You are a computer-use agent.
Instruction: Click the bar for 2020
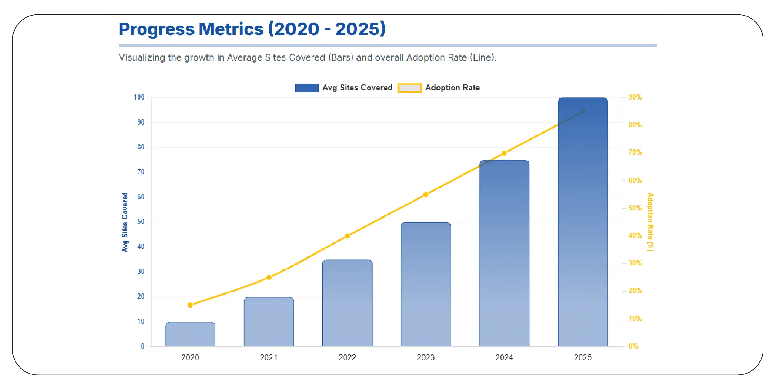click(x=190, y=334)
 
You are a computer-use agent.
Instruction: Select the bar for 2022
click(x=347, y=303)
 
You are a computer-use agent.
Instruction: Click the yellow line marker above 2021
click(x=269, y=277)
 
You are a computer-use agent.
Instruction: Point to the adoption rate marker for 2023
click(x=426, y=195)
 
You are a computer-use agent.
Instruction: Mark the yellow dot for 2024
click(x=504, y=153)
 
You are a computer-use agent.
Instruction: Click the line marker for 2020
click(x=190, y=305)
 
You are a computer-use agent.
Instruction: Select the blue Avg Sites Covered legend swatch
click(x=307, y=88)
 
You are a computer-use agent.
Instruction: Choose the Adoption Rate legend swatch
click(x=409, y=88)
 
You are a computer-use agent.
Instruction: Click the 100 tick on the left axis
click(x=139, y=97)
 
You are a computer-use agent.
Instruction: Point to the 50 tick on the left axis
click(x=141, y=222)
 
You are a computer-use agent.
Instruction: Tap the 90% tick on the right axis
click(x=635, y=97)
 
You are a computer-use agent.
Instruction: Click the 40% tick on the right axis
click(x=635, y=236)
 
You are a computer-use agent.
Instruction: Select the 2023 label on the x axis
click(x=426, y=357)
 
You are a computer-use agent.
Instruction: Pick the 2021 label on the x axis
click(x=268, y=357)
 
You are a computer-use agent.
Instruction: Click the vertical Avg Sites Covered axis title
click(x=125, y=222)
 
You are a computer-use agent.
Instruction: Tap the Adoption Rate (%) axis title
click(x=650, y=222)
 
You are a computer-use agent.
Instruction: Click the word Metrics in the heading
click(x=231, y=29)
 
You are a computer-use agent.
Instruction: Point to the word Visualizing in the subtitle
click(x=142, y=57)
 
